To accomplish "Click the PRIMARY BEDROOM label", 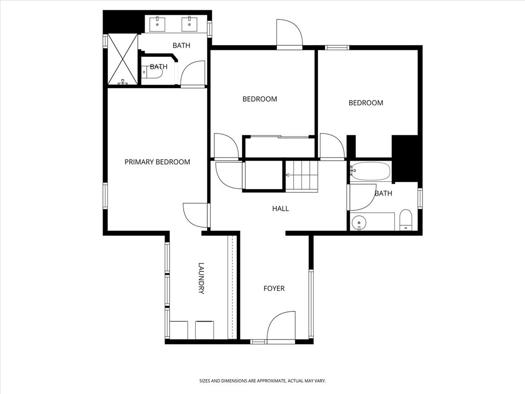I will click(x=157, y=162).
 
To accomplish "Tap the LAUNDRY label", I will click(x=201, y=279).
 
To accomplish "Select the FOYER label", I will click(x=274, y=289).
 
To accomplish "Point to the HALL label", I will click(x=280, y=209).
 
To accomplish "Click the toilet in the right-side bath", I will click(x=406, y=220).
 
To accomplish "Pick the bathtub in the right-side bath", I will click(x=371, y=171).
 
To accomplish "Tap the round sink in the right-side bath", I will click(x=359, y=222).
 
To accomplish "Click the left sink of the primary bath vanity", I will click(x=157, y=24).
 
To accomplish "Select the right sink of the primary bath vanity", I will click(x=190, y=24).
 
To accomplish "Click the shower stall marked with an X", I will click(x=123, y=59).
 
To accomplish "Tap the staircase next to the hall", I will click(x=301, y=175).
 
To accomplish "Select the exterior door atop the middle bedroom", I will click(x=289, y=34).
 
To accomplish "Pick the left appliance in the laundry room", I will click(x=178, y=330).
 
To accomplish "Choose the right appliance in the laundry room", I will click(x=205, y=330).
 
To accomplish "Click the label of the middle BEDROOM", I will click(x=259, y=99).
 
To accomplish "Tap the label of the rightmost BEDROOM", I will click(x=366, y=103).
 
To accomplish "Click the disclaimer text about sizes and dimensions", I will click(x=262, y=381).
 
